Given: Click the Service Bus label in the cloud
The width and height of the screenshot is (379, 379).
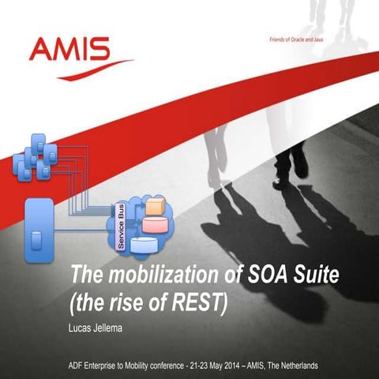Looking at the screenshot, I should pos(122,227).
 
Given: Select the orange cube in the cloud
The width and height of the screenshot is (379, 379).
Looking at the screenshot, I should pos(155,208).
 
